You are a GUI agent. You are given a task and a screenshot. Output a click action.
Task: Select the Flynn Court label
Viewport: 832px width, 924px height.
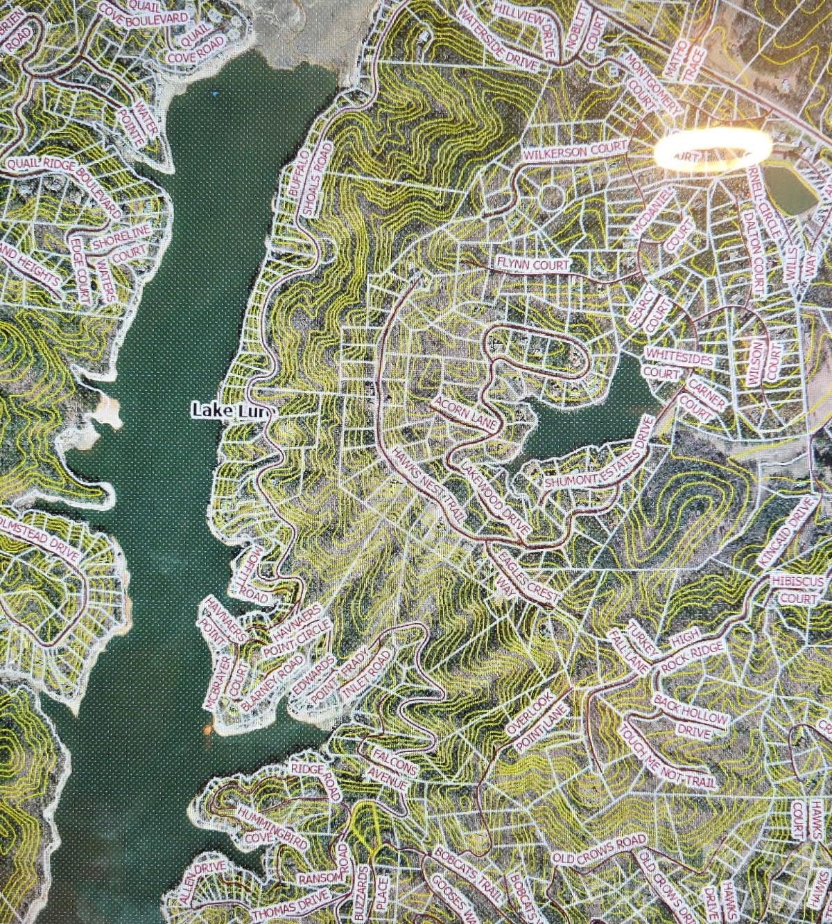point(532,264)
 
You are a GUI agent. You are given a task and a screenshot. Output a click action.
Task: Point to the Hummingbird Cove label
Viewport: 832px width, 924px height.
point(260,825)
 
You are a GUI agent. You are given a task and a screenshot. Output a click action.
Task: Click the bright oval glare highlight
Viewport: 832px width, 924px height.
point(712,149)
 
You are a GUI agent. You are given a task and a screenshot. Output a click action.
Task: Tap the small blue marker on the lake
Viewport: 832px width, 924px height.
point(215,92)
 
